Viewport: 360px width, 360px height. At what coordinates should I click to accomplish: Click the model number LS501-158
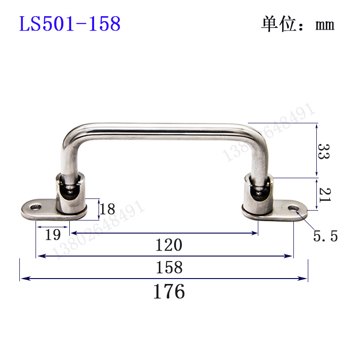(70, 24)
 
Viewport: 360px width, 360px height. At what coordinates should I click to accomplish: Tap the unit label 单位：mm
(297, 24)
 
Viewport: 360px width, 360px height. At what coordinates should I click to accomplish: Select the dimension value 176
(169, 292)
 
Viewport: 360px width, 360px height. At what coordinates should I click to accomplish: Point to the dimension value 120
(169, 245)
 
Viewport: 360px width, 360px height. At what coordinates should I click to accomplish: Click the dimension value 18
(108, 209)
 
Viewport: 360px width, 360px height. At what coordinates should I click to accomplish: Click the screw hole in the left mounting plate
(35, 207)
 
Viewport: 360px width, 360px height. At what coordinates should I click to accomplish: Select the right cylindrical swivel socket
(258, 197)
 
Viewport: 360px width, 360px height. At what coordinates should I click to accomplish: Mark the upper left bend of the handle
(71, 135)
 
